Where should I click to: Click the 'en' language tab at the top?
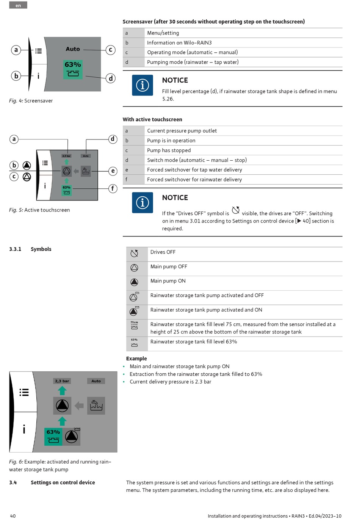point(18,5)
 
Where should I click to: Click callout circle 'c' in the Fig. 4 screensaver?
point(110,50)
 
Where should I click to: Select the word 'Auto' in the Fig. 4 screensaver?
point(73,49)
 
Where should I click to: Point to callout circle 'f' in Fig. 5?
point(113,188)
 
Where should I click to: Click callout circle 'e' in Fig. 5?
point(113,171)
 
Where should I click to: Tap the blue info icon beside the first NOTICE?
point(142,85)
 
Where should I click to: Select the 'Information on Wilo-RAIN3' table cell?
point(179,43)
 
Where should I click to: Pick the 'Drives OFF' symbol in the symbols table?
point(134,253)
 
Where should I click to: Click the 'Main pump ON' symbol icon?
point(134,282)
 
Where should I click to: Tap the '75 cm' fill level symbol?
point(134,325)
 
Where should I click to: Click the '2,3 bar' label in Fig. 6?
point(62,381)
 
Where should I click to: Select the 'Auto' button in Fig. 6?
point(96,381)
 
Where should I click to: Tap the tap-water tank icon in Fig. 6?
point(96,406)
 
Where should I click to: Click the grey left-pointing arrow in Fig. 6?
point(79,406)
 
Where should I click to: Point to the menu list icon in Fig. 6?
point(24,392)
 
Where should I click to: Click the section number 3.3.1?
point(15,249)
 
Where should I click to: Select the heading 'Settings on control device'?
point(63,482)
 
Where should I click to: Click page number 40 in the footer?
point(13,516)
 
